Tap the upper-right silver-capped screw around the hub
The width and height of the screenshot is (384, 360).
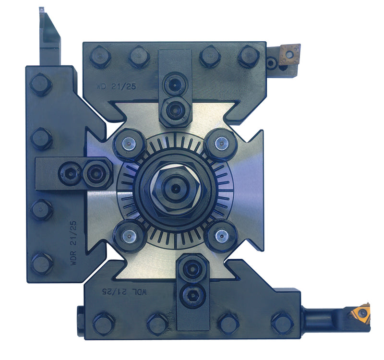pos(221,143)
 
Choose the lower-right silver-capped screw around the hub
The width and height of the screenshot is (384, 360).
pos(221,235)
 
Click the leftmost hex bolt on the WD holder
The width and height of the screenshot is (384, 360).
pos(100,56)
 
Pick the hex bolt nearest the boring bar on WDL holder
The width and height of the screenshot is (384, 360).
pos(282,323)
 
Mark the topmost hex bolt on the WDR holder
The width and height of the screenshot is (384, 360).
pos(41,84)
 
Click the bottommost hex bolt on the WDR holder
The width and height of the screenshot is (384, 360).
pos(41,263)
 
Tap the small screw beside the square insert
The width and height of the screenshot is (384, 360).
pos(272,62)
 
